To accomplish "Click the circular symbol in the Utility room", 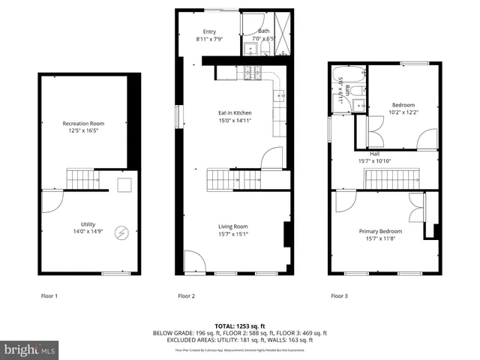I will coord(121,232).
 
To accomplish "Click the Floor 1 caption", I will coord(49,296).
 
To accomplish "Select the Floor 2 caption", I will coord(186,296).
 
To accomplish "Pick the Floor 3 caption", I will coord(340,296).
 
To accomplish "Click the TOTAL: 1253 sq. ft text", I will coord(240,326).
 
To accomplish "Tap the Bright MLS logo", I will coord(30,349).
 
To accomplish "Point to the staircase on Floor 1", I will coord(79,178).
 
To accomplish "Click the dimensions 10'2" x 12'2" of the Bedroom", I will coord(403,112).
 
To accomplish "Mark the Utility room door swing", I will coord(50,197).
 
